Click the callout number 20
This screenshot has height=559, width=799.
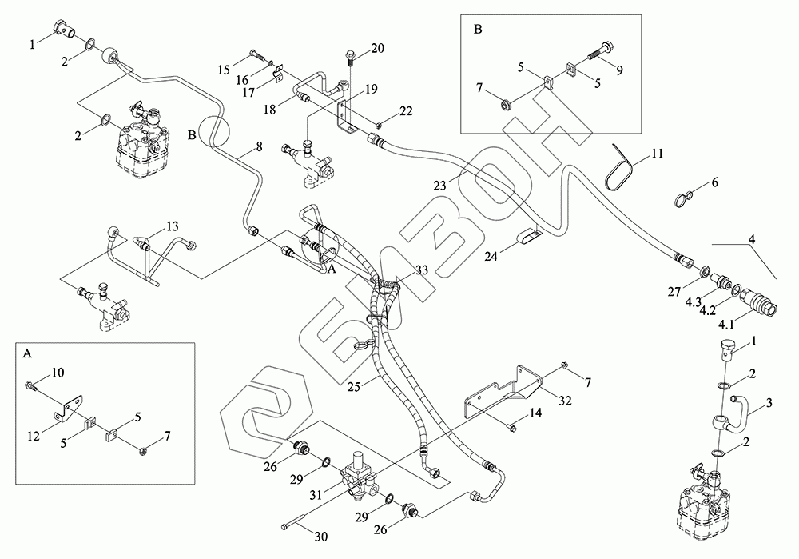pos(377,49)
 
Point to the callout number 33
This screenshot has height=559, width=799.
pos(421,271)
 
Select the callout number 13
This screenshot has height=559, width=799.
pos(173,226)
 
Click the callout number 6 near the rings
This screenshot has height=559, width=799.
pos(714,182)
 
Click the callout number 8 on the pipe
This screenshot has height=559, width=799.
pos(259,147)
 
